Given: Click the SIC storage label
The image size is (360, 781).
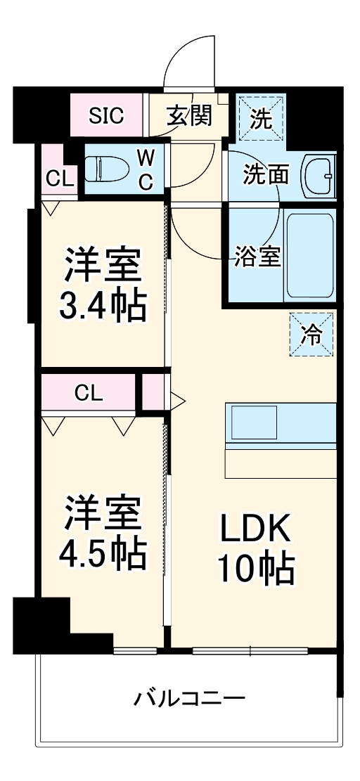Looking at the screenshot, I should (x=106, y=116).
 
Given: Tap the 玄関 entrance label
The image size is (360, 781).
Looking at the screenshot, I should (x=189, y=116).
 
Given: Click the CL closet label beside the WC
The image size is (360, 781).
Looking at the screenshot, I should (x=59, y=179).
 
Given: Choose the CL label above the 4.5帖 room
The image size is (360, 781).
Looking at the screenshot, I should (x=89, y=392).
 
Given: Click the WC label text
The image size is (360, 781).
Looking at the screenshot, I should (x=145, y=169).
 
